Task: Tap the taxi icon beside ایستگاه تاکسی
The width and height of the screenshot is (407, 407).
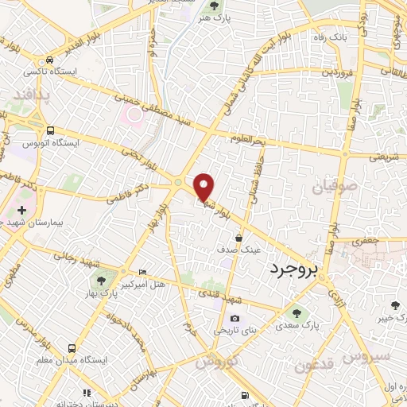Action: click(x=50, y=60)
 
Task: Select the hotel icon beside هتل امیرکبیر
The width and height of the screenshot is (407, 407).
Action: click(x=142, y=272)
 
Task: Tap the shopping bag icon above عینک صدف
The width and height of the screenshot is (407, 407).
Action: click(x=239, y=237)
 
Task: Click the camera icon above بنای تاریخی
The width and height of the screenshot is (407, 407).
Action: click(x=235, y=319)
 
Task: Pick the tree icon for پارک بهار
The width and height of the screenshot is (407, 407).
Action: click(x=101, y=279)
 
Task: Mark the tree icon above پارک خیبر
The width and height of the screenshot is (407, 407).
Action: click(x=395, y=304)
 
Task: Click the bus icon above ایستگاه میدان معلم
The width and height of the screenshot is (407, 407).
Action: click(x=72, y=348)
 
